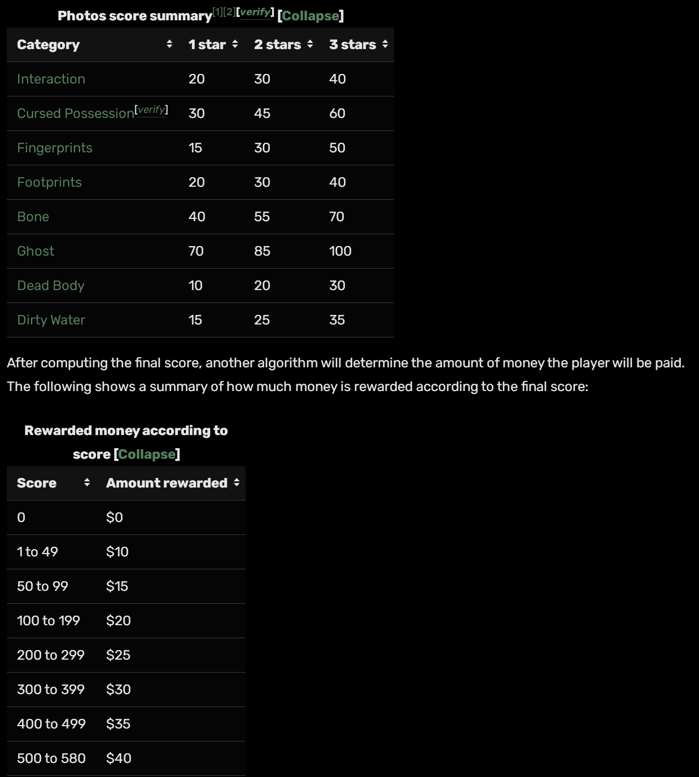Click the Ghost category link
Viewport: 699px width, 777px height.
36,251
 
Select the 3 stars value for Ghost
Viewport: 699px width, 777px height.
340,251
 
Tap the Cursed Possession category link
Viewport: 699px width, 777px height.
76,113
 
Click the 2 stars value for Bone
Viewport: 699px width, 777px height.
262,217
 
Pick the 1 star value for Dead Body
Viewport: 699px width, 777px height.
195,286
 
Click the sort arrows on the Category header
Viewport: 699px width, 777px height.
169,44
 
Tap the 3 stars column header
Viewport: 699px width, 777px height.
352,45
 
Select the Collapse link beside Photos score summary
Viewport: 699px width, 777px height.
310,16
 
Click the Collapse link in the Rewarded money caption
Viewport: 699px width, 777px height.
147,454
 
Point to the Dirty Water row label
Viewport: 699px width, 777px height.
51,320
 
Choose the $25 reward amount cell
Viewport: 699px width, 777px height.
118,655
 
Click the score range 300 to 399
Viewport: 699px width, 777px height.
51,690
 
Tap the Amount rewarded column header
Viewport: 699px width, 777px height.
167,483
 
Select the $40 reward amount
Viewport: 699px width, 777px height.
119,758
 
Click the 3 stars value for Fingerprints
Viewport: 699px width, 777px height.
337,148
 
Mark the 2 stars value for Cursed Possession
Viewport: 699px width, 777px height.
262,113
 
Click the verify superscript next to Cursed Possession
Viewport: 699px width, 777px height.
151,109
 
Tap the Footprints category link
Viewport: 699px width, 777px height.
49,182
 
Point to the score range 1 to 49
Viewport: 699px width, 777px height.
37,552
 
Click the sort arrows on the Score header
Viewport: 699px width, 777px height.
87,482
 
